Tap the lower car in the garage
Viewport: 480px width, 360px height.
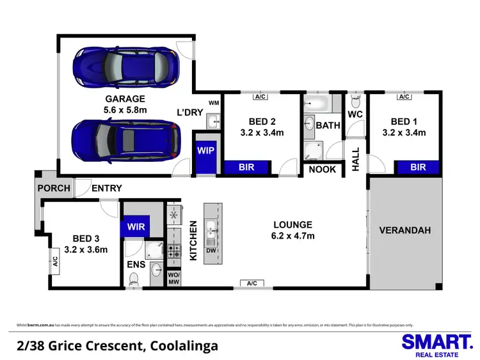(x=125, y=141)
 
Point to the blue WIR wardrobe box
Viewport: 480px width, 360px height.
(x=134, y=226)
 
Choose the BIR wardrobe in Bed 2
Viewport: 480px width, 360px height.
(x=246, y=168)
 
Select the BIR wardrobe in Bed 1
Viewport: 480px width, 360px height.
(x=418, y=168)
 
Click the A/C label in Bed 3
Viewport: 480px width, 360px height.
(x=55, y=262)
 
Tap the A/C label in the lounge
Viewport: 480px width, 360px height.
(x=252, y=283)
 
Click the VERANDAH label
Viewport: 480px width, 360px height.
(x=405, y=230)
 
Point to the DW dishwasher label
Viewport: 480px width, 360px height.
(x=211, y=250)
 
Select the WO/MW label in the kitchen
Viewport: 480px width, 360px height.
(x=174, y=278)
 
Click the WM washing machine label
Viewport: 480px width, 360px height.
(x=214, y=103)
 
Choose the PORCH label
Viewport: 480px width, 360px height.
(x=54, y=188)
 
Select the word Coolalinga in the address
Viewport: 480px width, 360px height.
(x=182, y=346)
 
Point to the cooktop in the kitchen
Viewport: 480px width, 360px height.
(x=174, y=252)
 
